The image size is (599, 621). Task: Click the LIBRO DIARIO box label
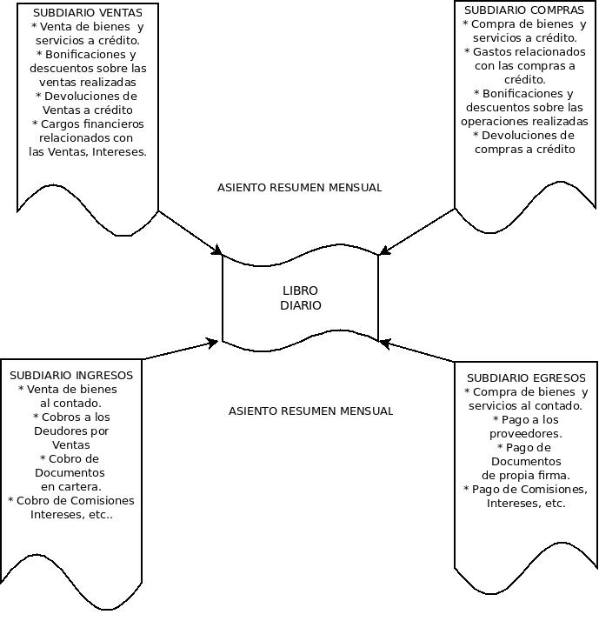tap(300, 298)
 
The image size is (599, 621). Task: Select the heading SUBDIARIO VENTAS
tap(87, 13)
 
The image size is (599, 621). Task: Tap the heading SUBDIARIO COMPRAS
tap(524, 10)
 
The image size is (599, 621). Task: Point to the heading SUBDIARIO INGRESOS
tap(71, 375)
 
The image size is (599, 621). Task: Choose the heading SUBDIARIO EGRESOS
tap(526, 377)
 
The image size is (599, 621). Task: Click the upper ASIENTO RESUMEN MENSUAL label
tap(299, 187)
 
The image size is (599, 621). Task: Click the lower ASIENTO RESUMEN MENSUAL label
tap(310, 411)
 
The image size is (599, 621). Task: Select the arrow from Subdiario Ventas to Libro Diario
tap(190, 232)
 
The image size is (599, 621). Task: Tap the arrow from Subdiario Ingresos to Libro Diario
tap(179, 350)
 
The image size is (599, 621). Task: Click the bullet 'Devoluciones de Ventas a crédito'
tap(86, 103)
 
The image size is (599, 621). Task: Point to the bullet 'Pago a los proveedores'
tap(525, 426)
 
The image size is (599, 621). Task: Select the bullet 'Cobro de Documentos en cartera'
tap(70, 472)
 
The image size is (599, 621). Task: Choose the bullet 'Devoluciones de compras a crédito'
tap(524, 142)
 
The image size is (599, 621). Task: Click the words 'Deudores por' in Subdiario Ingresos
tap(71, 431)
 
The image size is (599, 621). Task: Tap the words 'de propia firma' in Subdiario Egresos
tap(525, 475)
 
